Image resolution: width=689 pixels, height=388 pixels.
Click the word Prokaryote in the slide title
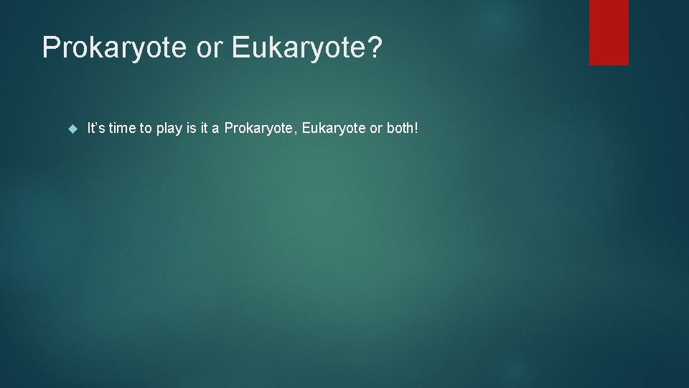116,47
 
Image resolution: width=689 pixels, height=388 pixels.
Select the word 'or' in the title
211,47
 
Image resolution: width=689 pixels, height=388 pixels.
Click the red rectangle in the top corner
609,32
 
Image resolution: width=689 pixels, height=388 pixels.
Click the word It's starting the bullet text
95,129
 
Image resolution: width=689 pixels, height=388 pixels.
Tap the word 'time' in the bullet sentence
123,129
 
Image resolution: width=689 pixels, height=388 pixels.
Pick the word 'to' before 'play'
146,129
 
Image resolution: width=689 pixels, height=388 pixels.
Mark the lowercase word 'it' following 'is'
205,129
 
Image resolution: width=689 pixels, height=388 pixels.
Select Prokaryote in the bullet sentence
258,129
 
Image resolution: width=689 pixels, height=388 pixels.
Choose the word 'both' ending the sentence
399,129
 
